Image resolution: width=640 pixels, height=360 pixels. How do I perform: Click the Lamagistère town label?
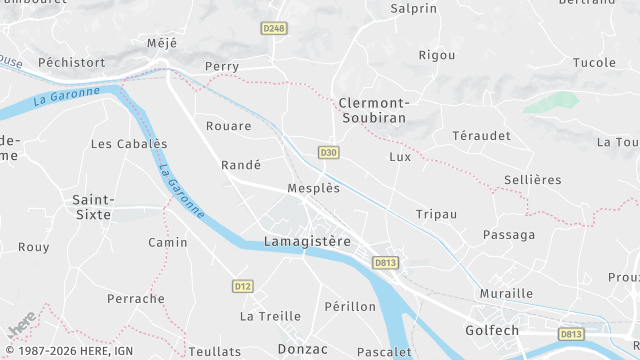tap(307, 241)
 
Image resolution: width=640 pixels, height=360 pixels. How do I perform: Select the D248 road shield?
tap(274, 28)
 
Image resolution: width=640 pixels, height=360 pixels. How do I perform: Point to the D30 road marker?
tap(328, 152)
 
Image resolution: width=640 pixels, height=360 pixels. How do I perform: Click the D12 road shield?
tap(242, 286)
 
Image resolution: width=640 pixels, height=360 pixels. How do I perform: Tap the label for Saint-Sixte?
tap(92, 206)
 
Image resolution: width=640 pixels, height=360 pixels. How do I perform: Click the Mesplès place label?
tap(313, 188)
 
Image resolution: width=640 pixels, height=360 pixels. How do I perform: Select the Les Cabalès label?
tap(129, 144)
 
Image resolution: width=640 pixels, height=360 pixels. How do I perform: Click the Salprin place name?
tap(414, 8)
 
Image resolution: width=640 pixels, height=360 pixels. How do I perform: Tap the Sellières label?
tap(533, 180)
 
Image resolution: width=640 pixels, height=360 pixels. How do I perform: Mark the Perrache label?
tap(136, 299)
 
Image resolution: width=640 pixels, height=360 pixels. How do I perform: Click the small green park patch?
tap(550, 102)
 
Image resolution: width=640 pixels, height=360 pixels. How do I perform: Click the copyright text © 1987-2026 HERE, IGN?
tap(69, 351)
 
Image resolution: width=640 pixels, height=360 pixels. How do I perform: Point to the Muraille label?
tap(506, 294)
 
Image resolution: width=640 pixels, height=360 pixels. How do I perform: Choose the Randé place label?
tap(241, 165)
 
